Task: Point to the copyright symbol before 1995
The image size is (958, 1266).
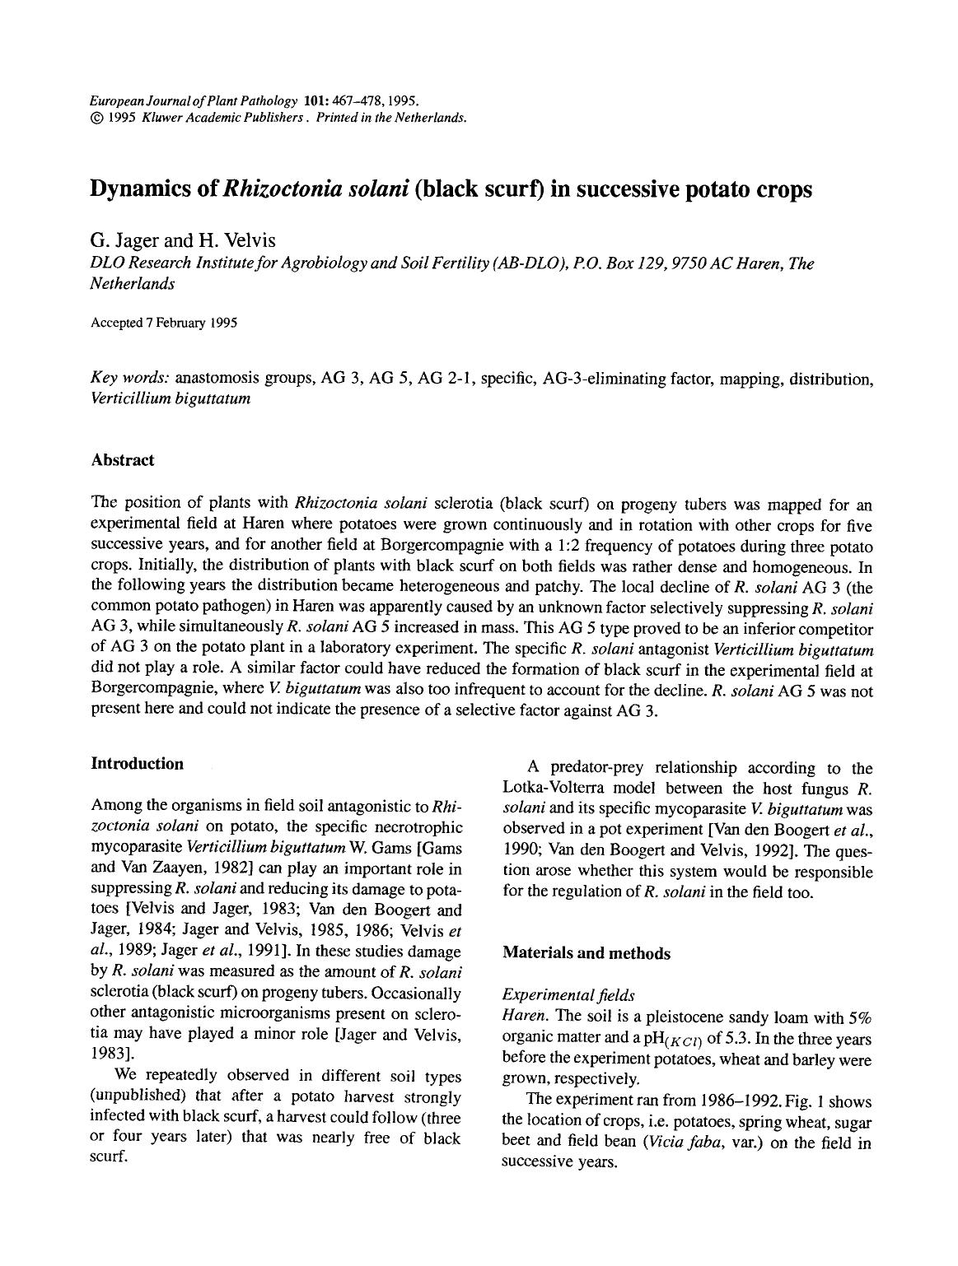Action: pos(96,117)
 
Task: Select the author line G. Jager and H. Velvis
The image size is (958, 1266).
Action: pos(183,240)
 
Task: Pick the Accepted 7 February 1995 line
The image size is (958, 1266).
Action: pos(164,323)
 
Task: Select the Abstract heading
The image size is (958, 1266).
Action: pos(122,460)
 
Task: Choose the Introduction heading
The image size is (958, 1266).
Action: pos(137,764)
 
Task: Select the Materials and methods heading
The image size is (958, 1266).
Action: pos(586,953)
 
